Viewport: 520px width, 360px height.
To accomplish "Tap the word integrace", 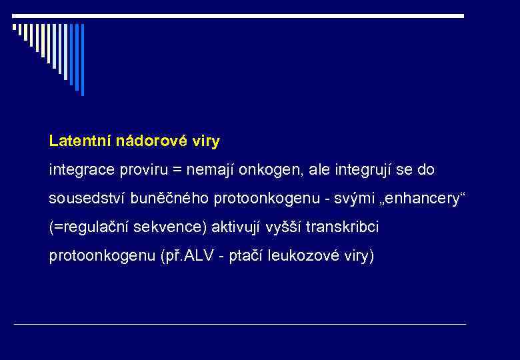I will click(81, 170).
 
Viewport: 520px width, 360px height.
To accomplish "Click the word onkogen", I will click(267, 170).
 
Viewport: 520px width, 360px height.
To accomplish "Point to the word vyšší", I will click(286, 227).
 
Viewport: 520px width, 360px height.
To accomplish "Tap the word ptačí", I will click(246, 256).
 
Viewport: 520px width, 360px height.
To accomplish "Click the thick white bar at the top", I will click(239, 15).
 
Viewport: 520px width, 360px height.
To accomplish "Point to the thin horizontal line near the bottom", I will click(240, 324).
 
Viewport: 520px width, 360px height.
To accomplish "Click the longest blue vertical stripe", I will click(82, 59).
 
